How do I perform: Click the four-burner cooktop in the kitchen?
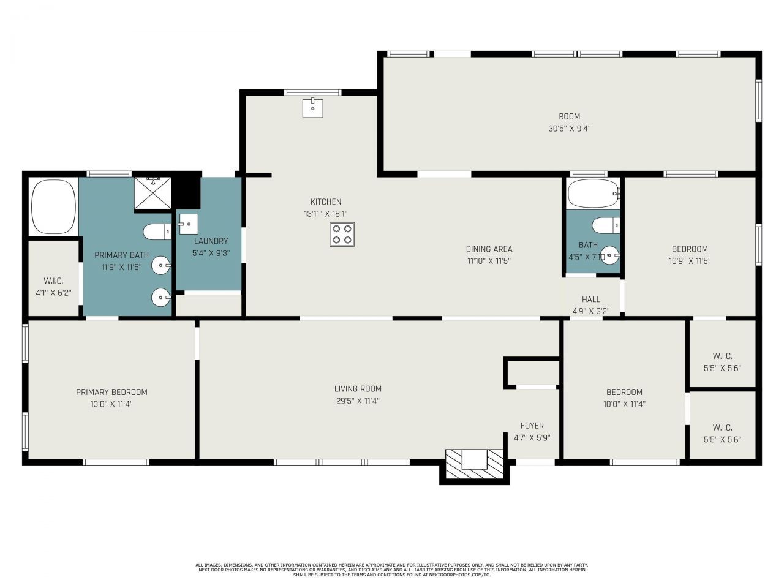pos(342,234)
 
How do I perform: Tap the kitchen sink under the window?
pos(313,108)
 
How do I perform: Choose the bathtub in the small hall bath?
pos(594,194)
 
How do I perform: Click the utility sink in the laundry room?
pos(188,224)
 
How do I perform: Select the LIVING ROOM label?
pos(358,389)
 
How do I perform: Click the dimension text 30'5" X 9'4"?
pos(569,129)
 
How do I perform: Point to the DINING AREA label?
pos(489,249)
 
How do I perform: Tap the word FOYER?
pos(532,426)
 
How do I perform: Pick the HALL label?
pos(590,299)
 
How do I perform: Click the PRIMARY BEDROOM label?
pos(111,392)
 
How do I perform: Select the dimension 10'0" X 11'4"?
pos(624,404)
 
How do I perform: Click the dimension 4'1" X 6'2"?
pos(53,293)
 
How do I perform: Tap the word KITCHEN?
pos(326,202)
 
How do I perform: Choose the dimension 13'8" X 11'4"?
pos(111,404)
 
